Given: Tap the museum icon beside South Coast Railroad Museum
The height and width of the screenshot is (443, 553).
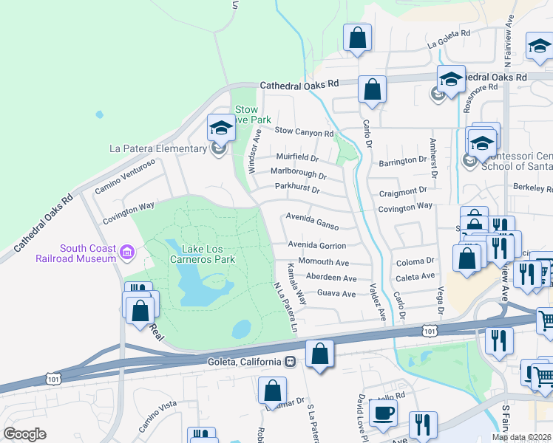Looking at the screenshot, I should tap(126, 253).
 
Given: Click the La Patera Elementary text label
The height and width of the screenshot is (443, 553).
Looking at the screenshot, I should tap(157, 148).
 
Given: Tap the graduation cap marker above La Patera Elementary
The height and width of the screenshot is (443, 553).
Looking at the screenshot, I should tap(220, 128).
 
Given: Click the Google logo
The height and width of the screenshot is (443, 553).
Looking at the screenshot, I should tap(24, 434).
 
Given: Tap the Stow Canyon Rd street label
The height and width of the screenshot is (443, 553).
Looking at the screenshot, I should tap(305, 132).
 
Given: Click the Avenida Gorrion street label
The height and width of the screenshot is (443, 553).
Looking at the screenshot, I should tap(316, 245).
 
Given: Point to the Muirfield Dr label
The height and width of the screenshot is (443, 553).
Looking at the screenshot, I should tap(296, 158).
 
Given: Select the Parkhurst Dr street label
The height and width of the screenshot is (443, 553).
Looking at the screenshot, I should tap(296, 190).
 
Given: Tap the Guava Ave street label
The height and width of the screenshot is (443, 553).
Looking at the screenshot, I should tap(336, 294).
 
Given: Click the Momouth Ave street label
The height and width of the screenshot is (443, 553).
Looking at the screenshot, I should tap(323, 262).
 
